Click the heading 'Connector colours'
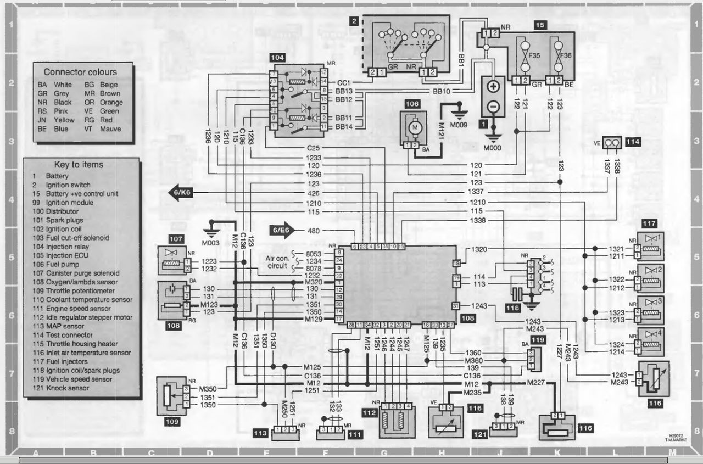pyautogui.click(x=80, y=72)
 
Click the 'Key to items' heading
pyautogui.click(x=79, y=164)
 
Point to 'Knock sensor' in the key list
pyautogui.click(x=72, y=388)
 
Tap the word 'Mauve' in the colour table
pyautogui.click(x=110, y=129)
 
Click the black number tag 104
pyautogui.click(x=277, y=57)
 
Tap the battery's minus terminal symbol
pyautogui.click(x=493, y=107)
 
